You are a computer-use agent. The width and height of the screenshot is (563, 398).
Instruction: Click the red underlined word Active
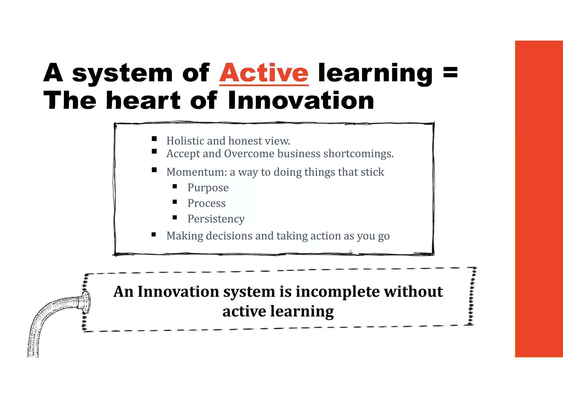[x=264, y=73]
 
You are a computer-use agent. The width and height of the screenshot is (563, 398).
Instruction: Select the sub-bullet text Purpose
[x=208, y=188]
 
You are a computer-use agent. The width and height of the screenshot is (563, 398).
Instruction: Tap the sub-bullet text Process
[x=206, y=203]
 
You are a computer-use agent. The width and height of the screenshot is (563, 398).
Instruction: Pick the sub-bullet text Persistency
[x=216, y=219]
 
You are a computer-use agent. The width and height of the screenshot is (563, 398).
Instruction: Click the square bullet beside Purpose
[x=175, y=186]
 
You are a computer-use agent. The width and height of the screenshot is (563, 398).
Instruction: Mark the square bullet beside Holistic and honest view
[x=154, y=139]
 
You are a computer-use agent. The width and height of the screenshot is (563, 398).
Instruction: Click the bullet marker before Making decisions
[x=154, y=234]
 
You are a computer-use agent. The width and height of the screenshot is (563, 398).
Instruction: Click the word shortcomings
[x=358, y=154]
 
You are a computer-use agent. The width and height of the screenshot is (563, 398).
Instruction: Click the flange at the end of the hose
[x=85, y=303]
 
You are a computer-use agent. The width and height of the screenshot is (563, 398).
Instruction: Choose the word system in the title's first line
[x=122, y=74]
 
